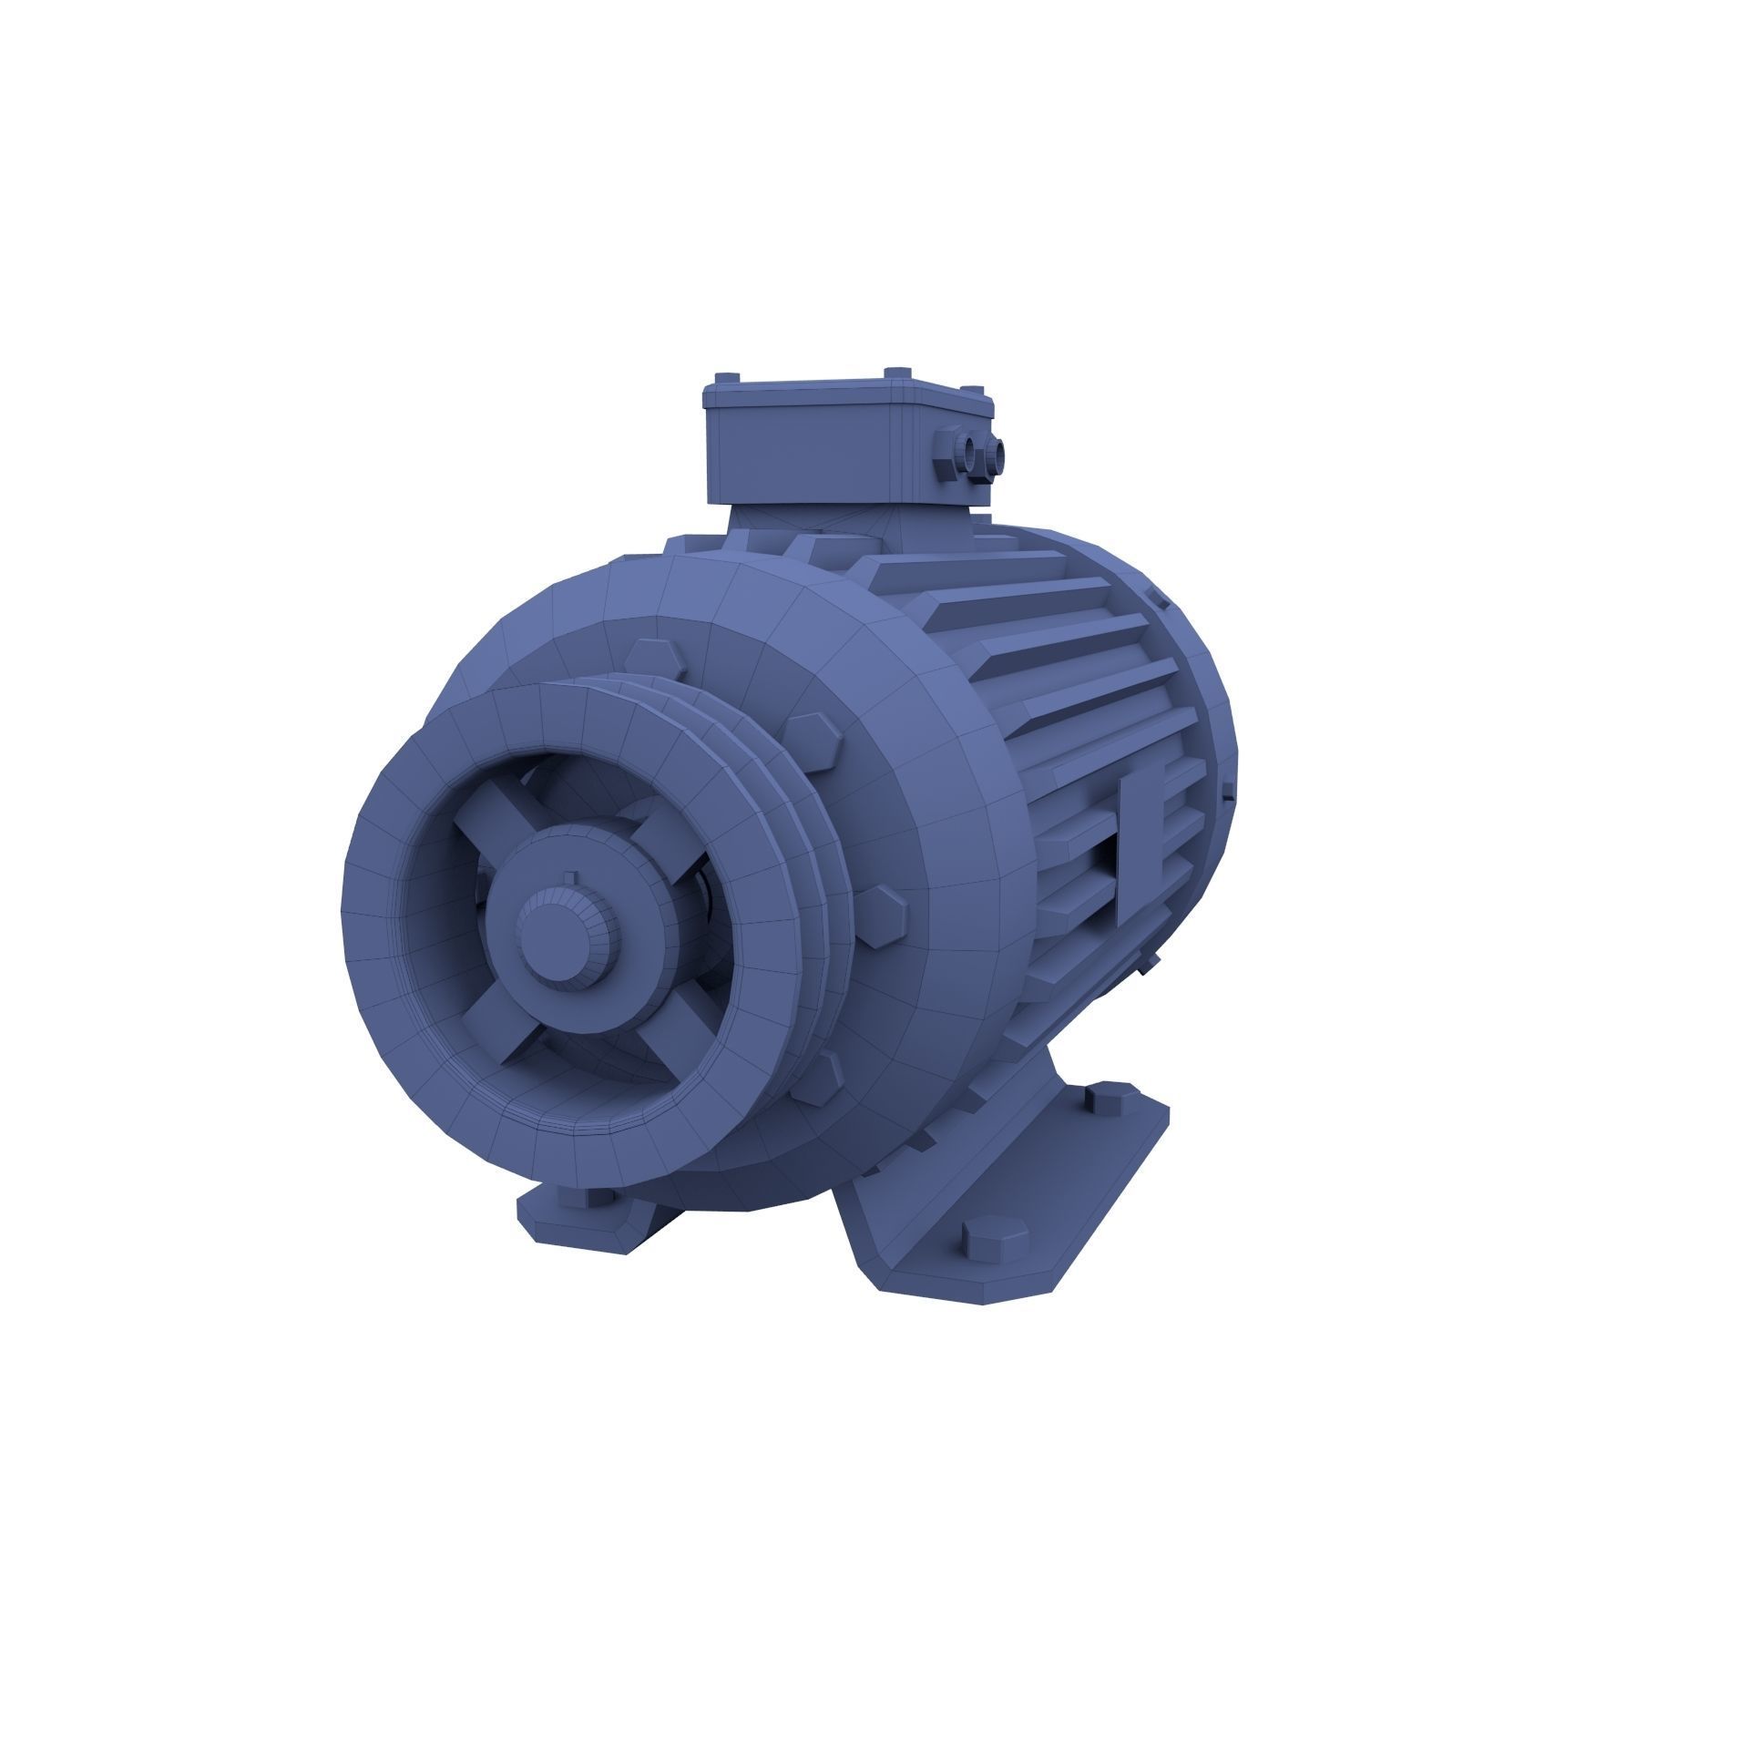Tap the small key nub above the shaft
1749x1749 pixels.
coord(570,878)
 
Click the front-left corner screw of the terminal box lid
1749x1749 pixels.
coord(726,379)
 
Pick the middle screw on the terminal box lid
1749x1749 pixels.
coord(897,374)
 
